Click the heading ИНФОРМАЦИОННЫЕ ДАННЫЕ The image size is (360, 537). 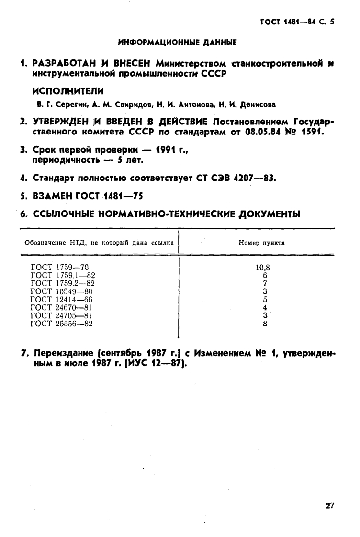178,43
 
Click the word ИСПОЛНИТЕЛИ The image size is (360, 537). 68,91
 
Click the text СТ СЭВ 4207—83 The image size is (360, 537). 237,179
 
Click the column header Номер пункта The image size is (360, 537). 261,243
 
